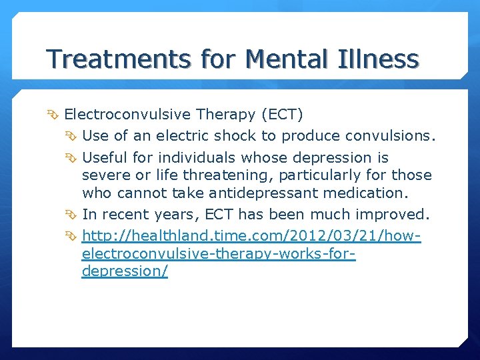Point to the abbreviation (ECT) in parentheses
[x=283, y=115]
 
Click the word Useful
[x=104, y=158]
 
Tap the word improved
[x=399, y=215]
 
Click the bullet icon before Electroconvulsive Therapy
[x=55, y=115]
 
